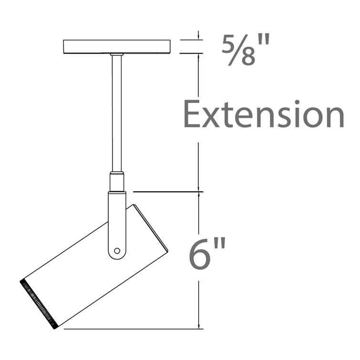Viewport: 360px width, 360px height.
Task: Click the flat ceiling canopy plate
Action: click(117, 47)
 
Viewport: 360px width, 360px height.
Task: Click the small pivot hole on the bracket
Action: click(117, 250)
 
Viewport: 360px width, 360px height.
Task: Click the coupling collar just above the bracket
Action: click(117, 182)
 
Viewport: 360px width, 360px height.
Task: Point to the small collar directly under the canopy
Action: click(117, 55)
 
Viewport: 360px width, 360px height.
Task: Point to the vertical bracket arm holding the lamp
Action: click(117, 219)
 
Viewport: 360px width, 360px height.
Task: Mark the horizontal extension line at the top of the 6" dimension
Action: click(167, 192)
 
